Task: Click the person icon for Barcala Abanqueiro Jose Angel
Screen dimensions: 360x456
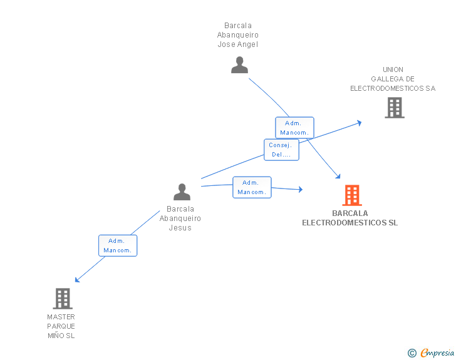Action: pos(239,65)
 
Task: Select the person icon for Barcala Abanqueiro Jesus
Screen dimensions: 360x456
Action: pos(182,192)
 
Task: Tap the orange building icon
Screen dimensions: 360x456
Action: pos(352,195)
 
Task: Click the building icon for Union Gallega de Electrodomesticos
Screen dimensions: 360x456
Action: pos(394,108)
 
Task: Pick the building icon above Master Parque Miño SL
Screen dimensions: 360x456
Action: pos(63,299)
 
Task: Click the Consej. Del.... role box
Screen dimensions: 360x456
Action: pos(281,150)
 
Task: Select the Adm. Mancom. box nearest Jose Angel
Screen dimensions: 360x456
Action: pos(294,128)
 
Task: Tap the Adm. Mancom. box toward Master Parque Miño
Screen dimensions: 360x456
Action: pos(118,245)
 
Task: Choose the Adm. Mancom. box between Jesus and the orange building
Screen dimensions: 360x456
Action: pos(252,187)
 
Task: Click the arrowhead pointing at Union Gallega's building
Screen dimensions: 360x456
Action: pos(359,122)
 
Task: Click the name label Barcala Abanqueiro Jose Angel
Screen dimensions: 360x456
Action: pos(238,35)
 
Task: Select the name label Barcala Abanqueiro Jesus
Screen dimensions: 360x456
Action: pos(180,219)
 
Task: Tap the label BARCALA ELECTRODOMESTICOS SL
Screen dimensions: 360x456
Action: pos(350,218)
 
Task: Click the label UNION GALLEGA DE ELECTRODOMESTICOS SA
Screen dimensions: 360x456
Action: pos(393,79)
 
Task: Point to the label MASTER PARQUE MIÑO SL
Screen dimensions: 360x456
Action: pos(61,326)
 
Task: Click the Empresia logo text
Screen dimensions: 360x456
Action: pos(437,352)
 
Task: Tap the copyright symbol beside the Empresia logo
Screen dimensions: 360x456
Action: pos(412,353)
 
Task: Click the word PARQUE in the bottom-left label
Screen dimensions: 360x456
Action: pos(61,326)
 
